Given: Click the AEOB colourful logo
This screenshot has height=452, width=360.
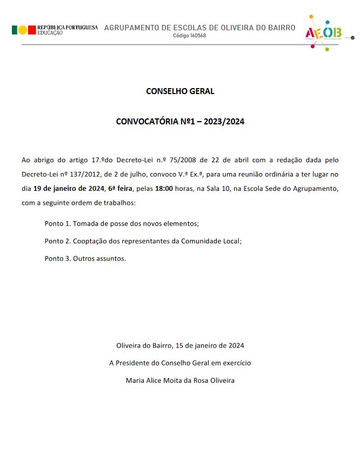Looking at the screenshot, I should pyautogui.click(x=323, y=32).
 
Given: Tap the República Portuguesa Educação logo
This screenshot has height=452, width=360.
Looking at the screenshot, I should pyautogui.click(x=54, y=30).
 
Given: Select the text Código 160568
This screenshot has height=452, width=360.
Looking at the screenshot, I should pyautogui.click(x=189, y=36).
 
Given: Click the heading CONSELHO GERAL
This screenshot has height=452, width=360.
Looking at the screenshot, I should pyautogui.click(x=180, y=91).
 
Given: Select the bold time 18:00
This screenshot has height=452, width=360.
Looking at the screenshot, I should pyautogui.click(x=164, y=189).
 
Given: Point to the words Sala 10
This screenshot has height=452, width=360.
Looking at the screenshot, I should pyautogui.click(x=208, y=189).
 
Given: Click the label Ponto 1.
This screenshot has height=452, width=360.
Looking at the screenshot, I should pyautogui.click(x=57, y=223).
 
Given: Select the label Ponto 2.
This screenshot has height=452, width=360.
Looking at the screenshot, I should pyautogui.click(x=57, y=241).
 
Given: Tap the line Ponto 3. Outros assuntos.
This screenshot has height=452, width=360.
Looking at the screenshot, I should pyautogui.click(x=85, y=258).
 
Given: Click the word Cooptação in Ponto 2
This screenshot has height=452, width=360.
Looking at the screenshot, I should pyautogui.click(x=90, y=241).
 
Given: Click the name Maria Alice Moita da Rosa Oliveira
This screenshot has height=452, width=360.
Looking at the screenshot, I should pyautogui.click(x=180, y=381).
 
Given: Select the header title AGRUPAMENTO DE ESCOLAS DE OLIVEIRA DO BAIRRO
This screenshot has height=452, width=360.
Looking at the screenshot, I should pyautogui.click(x=199, y=27).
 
